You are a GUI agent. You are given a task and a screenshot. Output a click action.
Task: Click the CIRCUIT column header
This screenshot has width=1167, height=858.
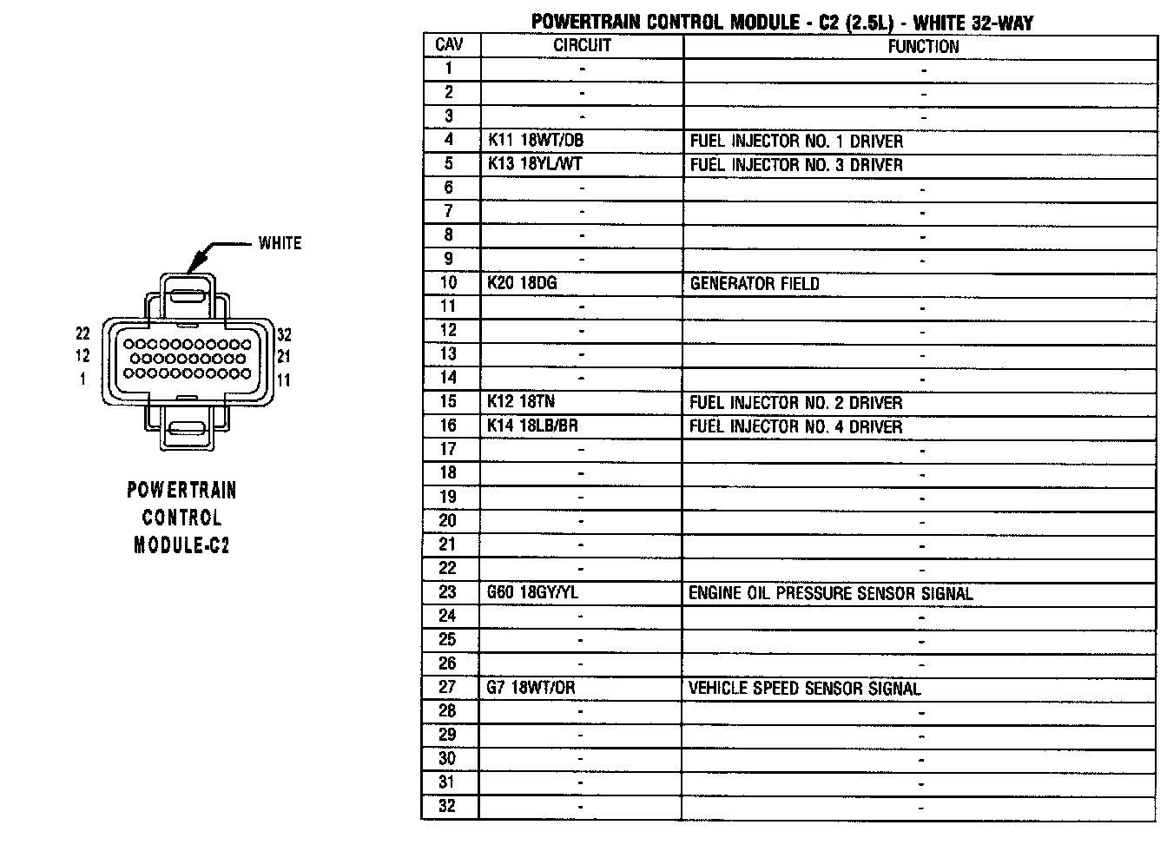point(582,46)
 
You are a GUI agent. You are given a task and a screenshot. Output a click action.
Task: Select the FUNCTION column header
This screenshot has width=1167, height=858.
point(923,46)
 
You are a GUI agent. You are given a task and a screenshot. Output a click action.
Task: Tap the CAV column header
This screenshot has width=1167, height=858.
point(450,45)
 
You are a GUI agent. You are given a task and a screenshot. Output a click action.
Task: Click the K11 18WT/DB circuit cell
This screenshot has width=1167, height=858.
point(536,140)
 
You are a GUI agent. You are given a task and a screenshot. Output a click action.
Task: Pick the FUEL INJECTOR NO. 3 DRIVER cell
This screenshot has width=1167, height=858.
point(796,164)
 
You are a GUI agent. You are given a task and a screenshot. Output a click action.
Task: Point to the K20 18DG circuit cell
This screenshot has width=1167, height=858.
point(522,283)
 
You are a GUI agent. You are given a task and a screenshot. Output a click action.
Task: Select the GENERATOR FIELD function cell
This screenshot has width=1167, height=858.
point(755,283)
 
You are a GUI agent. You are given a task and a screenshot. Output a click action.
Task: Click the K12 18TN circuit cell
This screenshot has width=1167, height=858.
point(521,402)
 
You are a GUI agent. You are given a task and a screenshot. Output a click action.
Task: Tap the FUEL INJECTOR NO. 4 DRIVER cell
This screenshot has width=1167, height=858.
point(796,426)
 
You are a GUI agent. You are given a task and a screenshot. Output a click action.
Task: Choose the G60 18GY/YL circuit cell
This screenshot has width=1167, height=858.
point(532,592)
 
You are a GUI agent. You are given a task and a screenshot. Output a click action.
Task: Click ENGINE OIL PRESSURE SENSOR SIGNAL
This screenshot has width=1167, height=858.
point(831,593)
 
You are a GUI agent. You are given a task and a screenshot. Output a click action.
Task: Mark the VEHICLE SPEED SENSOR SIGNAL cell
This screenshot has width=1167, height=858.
point(805,689)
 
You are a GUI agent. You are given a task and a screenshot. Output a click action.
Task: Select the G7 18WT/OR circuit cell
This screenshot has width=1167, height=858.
point(531,688)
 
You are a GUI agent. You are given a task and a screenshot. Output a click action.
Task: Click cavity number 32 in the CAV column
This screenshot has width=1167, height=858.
point(447,806)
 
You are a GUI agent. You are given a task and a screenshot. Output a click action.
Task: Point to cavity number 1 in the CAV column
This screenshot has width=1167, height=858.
point(449,69)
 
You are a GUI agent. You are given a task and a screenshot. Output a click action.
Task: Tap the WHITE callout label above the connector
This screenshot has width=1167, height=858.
point(280,243)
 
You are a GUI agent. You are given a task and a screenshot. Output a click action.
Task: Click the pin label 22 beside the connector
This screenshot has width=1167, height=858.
point(82,333)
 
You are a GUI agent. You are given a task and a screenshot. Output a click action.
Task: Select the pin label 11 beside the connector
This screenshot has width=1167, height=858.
point(284,379)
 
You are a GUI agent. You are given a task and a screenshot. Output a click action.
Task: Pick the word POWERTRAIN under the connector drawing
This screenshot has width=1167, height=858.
point(181,490)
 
